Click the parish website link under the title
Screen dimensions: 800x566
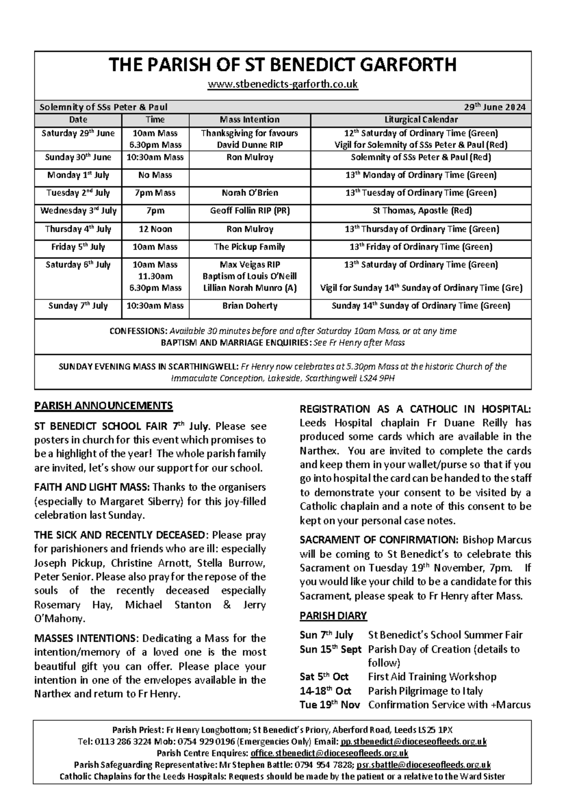point(283,85)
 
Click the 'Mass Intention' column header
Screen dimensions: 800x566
point(250,120)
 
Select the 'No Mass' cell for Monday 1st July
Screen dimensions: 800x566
point(155,175)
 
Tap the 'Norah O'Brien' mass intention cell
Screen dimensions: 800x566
point(250,193)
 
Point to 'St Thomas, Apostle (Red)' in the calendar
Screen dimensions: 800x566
point(422,211)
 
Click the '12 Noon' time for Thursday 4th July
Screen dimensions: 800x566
point(155,229)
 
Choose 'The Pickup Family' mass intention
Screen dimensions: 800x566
point(250,247)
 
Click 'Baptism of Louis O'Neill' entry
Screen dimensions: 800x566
point(250,276)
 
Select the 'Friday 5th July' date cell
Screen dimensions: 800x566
point(78,247)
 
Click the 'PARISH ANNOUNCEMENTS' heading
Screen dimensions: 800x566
point(103,406)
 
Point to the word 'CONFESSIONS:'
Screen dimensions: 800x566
point(138,332)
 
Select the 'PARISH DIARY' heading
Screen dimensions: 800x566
point(333,616)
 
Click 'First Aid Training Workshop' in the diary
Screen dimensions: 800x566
point(432,677)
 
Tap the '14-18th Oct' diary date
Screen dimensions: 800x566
point(325,691)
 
